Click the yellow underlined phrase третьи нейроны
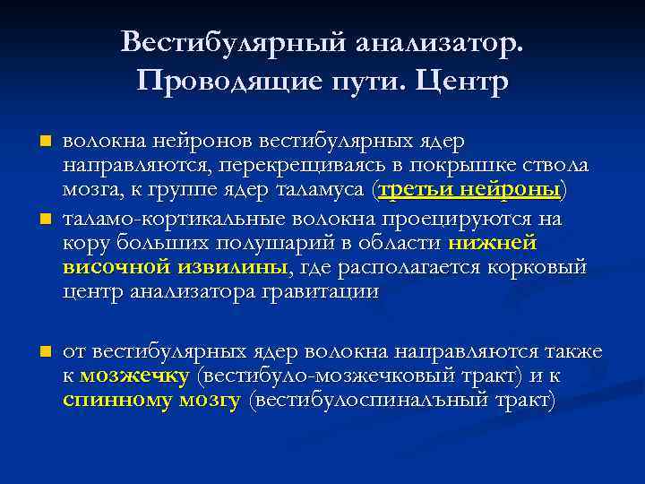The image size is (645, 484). pyautogui.click(x=470, y=191)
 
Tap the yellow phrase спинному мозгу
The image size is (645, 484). pyautogui.click(x=151, y=401)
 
